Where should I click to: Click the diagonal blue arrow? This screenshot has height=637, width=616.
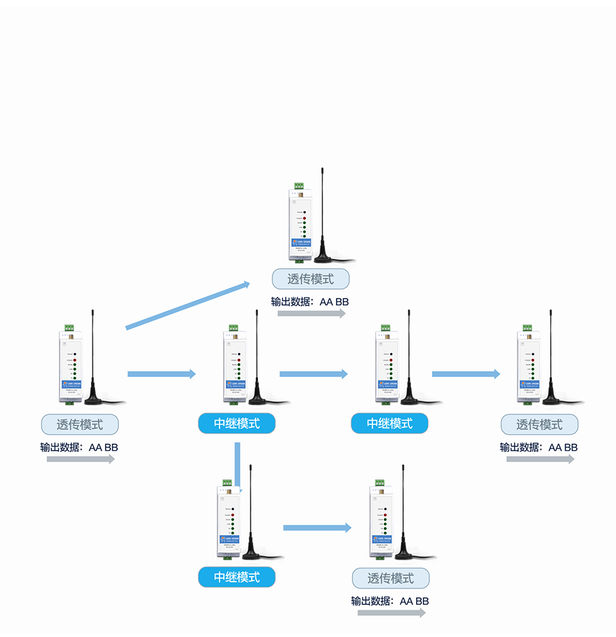click(x=188, y=305)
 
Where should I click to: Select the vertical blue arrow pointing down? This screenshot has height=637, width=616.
click(x=238, y=466)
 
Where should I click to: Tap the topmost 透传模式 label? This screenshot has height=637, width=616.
click(x=311, y=279)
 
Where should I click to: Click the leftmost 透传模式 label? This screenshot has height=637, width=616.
click(x=80, y=425)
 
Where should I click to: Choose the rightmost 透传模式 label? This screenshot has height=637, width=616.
click(x=539, y=425)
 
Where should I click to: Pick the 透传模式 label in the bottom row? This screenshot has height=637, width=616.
click(x=391, y=578)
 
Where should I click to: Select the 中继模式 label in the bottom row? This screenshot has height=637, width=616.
click(x=237, y=577)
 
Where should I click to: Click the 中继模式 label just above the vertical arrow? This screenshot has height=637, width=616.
click(x=237, y=423)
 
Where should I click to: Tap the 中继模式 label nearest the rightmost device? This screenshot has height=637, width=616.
click(x=389, y=423)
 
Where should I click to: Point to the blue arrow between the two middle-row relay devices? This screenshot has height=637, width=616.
click(x=313, y=374)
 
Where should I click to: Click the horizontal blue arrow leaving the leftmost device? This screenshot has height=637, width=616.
click(x=162, y=374)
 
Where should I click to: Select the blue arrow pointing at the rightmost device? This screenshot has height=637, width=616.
click(x=465, y=374)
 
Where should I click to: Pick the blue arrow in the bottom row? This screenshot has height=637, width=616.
click(x=317, y=527)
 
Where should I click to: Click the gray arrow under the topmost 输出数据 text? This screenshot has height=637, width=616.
click(x=311, y=314)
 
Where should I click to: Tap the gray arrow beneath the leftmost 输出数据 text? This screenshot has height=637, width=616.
click(x=81, y=460)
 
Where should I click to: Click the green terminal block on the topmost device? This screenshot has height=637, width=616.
click(x=299, y=186)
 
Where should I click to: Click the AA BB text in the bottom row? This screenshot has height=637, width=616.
click(x=414, y=601)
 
